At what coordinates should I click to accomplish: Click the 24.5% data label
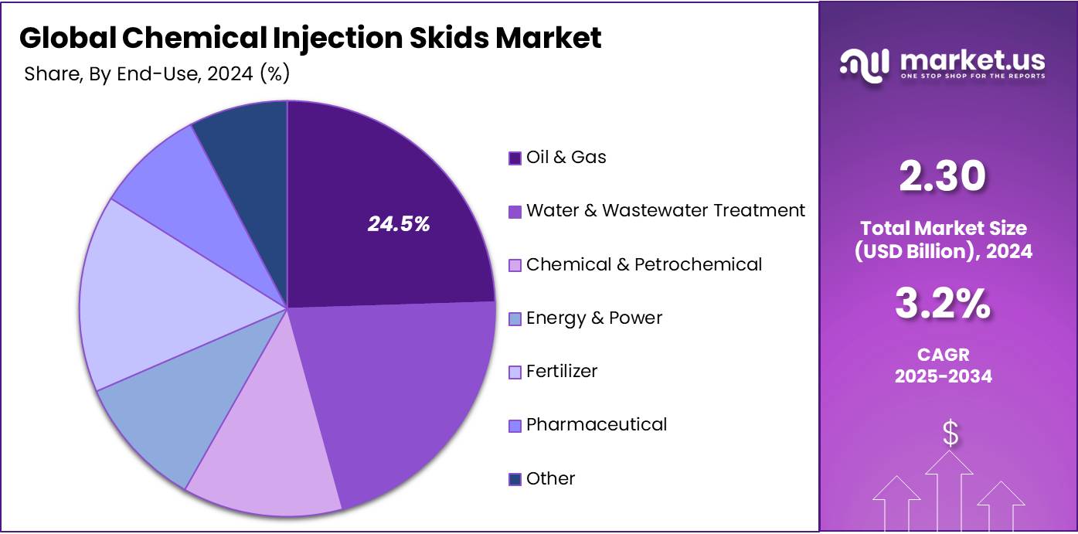[398, 224]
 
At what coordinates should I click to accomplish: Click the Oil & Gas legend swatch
[515, 158]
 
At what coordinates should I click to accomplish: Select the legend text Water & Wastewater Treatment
[665, 210]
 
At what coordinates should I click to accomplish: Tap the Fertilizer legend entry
[561, 371]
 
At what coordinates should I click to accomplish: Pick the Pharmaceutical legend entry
[596, 424]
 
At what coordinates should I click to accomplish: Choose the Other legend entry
[550, 478]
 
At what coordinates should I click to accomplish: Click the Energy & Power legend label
[593, 318]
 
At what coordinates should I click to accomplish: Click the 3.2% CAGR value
[943, 304]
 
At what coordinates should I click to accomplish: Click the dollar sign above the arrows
[950, 434]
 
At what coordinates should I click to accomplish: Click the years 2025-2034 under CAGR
[944, 376]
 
